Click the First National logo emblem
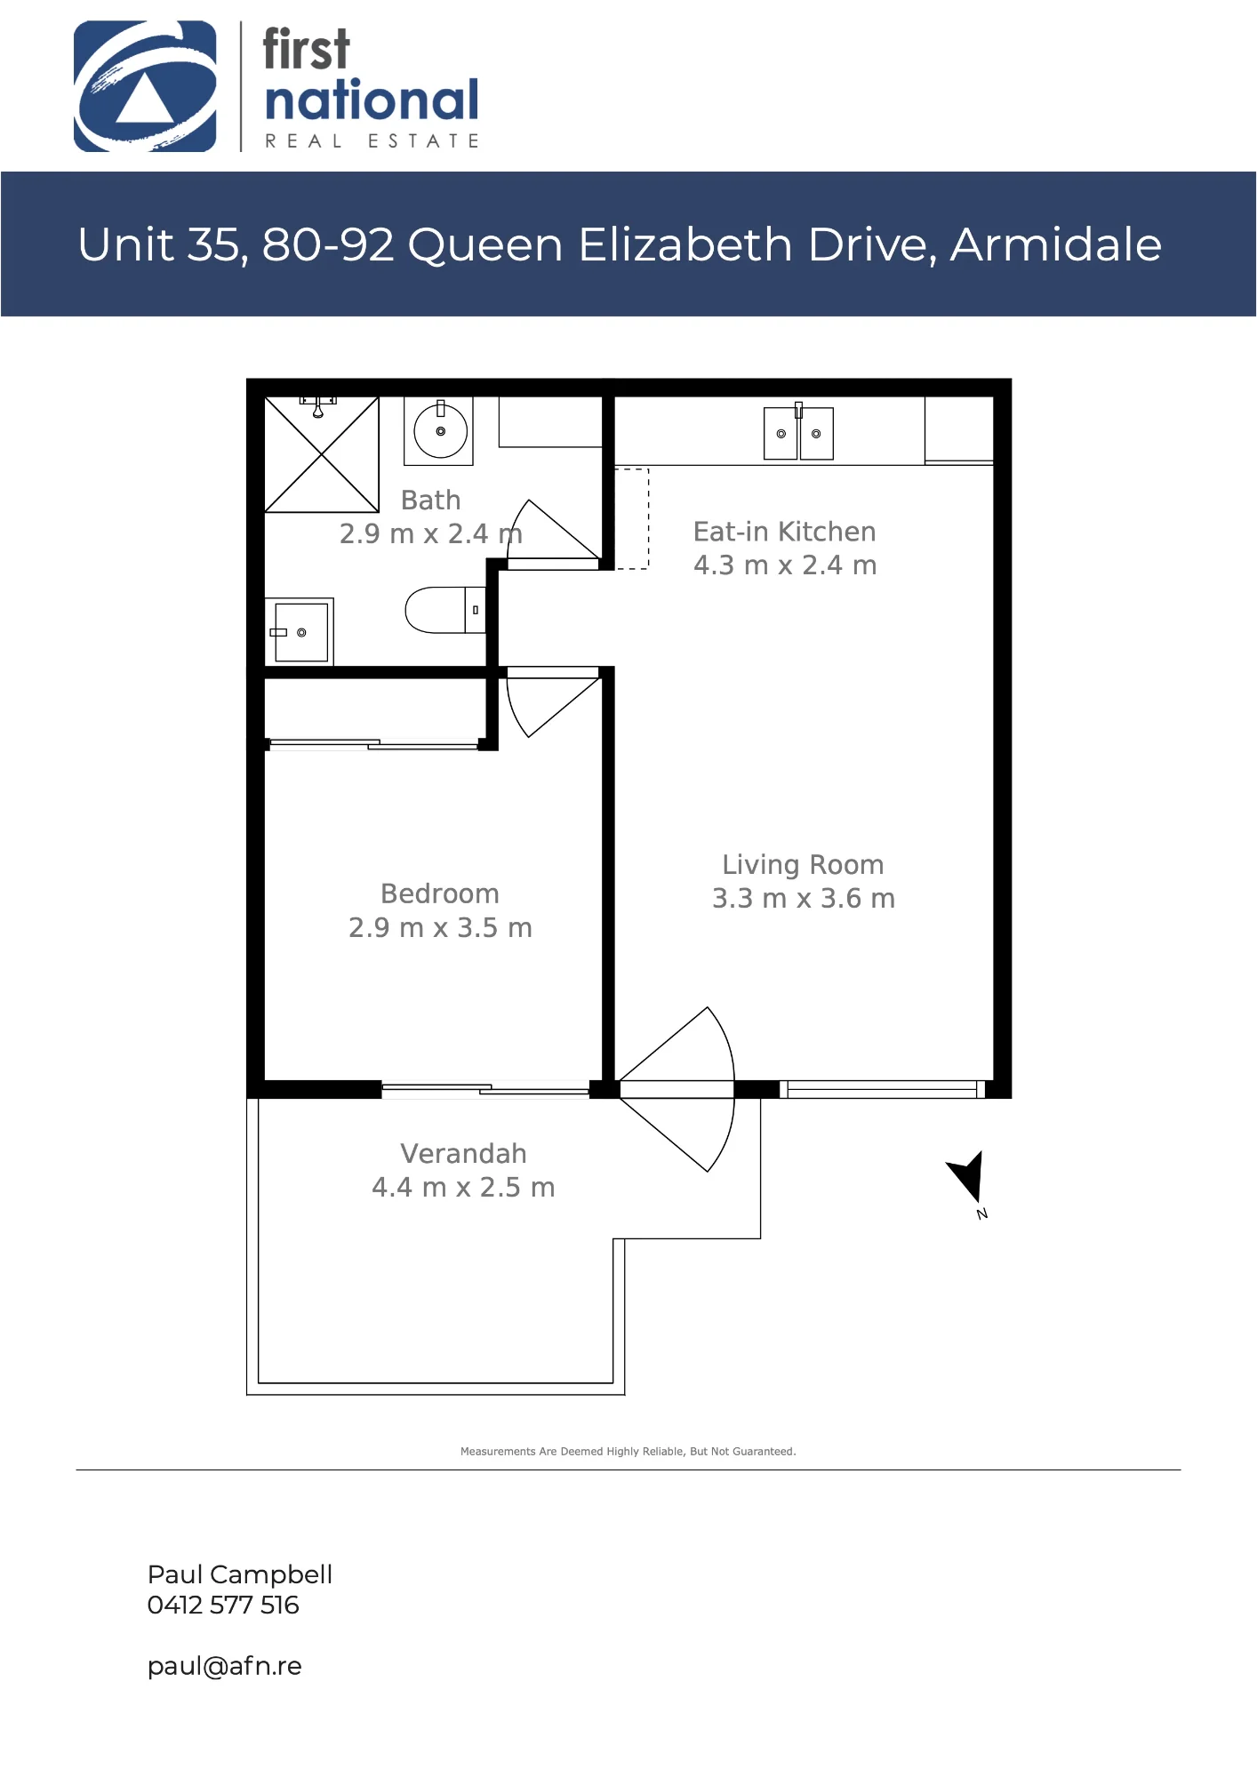click(x=145, y=86)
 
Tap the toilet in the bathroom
click(x=445, y=610)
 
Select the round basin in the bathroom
click(x=439, y=431)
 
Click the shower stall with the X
click(x=322, y=454)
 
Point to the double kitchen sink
click(x=798, y=433)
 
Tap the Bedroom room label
click(x=440, y=893)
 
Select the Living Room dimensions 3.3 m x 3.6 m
click(x=803, y=899)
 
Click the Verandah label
click(x=463, y=1153)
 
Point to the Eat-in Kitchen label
click(x=784, y=532)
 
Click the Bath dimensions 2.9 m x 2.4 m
click(x=430, y=533)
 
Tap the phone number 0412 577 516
click(x=223, y=1605)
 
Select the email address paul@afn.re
click(x=224, y=1666)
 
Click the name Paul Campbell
click(x=240, y=1574)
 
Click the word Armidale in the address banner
click(x=1056, y=244)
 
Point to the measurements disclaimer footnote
click(x=628, y=1452)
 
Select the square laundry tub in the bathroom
click(x=300, y=632)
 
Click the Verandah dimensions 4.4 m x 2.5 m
click(x=463, y=1188)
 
